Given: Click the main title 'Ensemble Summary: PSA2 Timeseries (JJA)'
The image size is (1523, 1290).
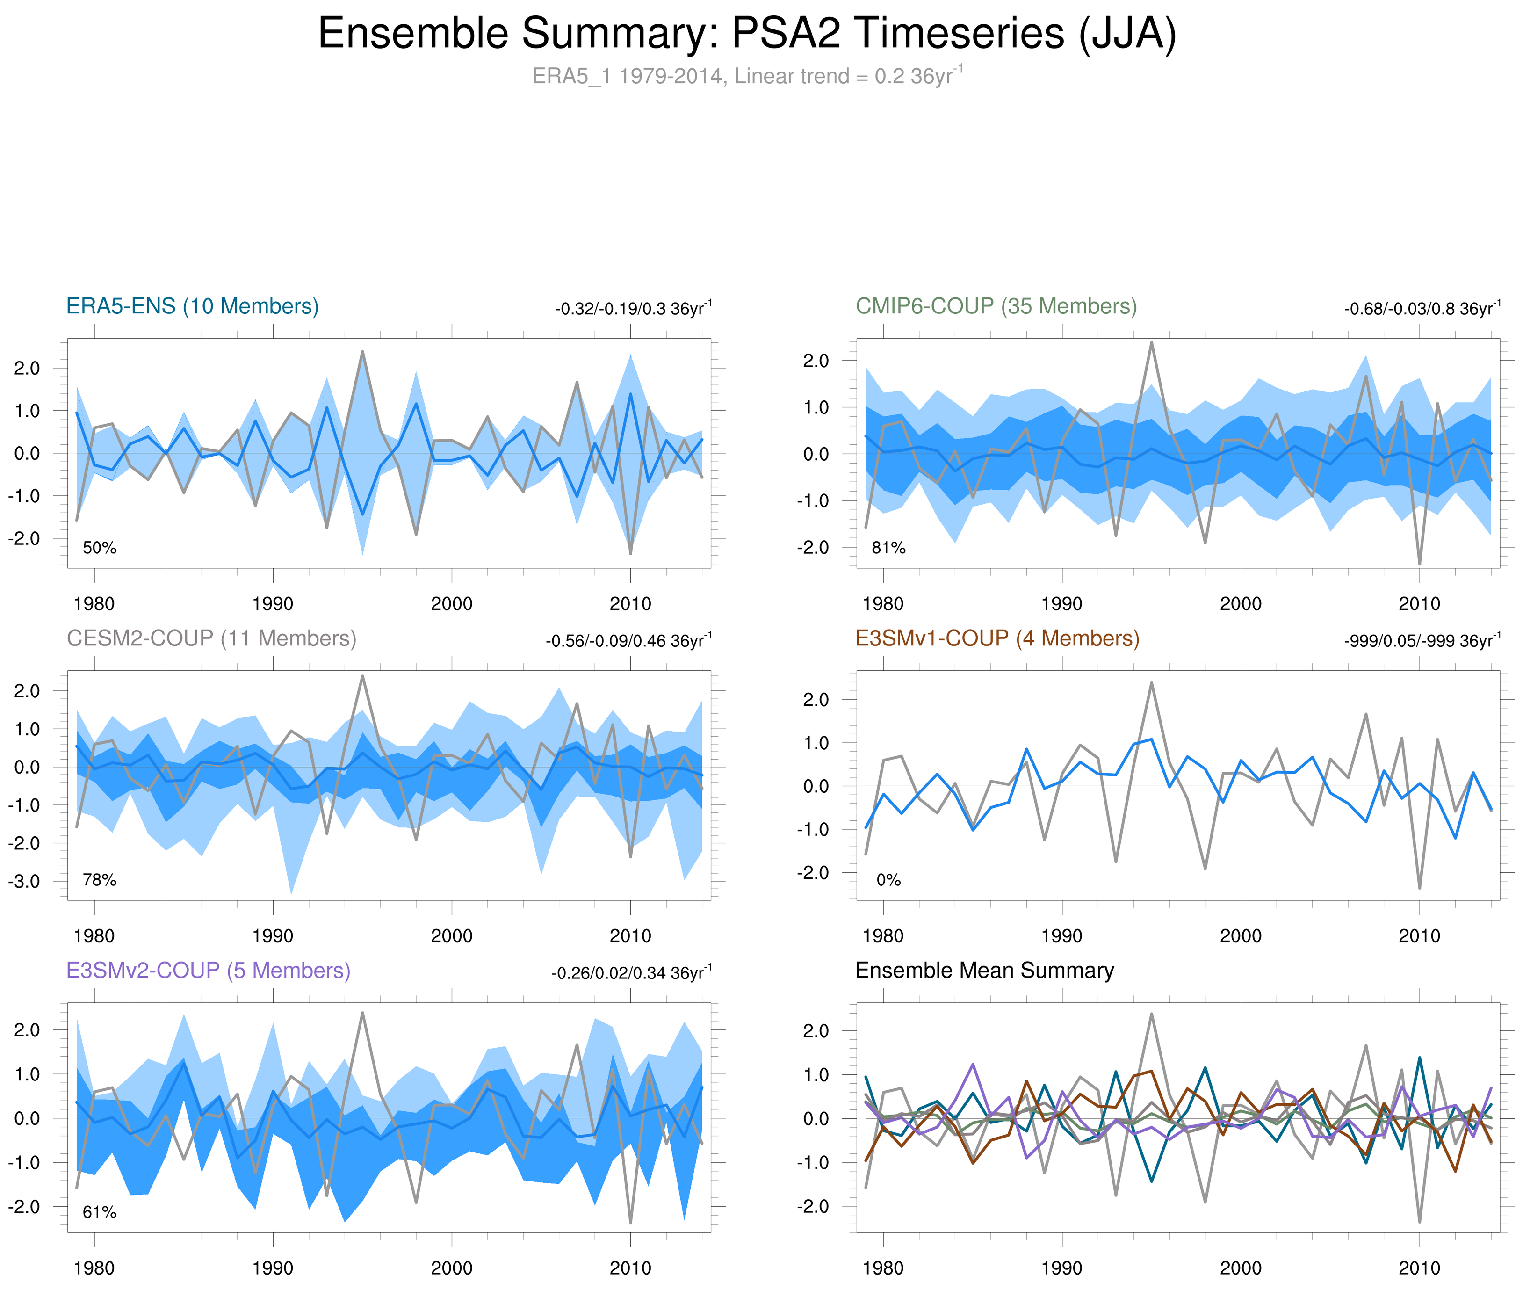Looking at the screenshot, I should [x=746, y=34].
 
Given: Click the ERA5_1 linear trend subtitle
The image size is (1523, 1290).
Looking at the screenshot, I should [x=746, y=76].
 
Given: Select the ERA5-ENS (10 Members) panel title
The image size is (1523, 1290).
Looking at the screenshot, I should [x=192, y=306].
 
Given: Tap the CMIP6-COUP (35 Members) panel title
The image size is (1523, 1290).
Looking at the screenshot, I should [x=996, y=306].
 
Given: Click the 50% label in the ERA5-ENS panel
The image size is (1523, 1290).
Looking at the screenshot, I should [x=100, y=548].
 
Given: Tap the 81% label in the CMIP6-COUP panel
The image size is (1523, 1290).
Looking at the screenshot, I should [x=888, y=548].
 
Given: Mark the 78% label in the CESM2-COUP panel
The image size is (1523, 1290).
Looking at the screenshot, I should [x=100, y=880].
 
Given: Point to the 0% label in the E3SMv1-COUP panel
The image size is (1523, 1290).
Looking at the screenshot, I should [x=888, y=880].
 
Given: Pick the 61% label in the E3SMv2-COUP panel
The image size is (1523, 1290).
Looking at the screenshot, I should [x=100, y=1212].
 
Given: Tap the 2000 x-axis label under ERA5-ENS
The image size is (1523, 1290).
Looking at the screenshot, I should [x=451, y=604].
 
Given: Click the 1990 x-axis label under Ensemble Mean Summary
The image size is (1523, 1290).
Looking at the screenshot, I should [x=1061, y=1268].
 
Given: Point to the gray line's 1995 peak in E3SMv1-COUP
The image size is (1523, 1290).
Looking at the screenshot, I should [x=1152, y=683].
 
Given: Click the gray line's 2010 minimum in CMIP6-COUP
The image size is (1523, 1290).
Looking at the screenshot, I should [x=1419, y=564].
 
